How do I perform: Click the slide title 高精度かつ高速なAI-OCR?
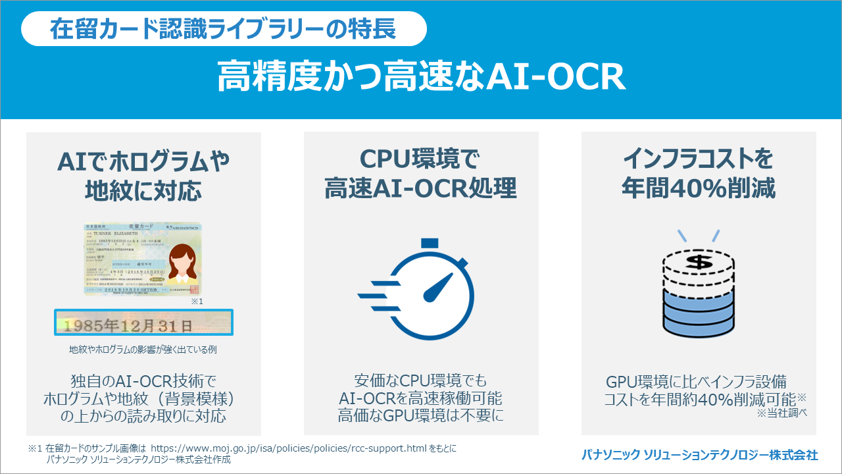pyautogui.click(x=421, y=78)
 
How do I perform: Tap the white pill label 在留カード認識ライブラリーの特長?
pyautogui.click(x=224, y=29)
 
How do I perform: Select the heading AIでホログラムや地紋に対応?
pyautogui.click(x=143, y=174)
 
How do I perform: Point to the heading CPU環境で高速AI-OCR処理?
pyautogui.click(x=421, y=174)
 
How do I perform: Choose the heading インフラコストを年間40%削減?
pyautogui.click(x=699, y=174)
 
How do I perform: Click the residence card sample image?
pyautogui.click(x=143, y=259)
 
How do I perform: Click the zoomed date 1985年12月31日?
pyautogui.click(x=143, y=324)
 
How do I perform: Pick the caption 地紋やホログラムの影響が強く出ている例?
pyautogui.click(x=143, y=350)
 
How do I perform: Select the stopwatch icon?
pyautogui.click(x=424, y=290)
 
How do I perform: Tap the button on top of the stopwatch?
pyautogui.click(x=430, y=244)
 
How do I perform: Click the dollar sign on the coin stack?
pyautogui.click(x=699, y=263)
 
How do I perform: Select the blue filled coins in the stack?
pyautogui.click(x=699, y=313)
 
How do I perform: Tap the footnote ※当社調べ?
pyautogui.click(x=781, y=413)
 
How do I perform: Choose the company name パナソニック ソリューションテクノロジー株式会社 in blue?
pyautogui.click(x=699, y=454)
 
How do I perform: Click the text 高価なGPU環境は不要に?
pyautogui.click(x=421, y=415)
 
